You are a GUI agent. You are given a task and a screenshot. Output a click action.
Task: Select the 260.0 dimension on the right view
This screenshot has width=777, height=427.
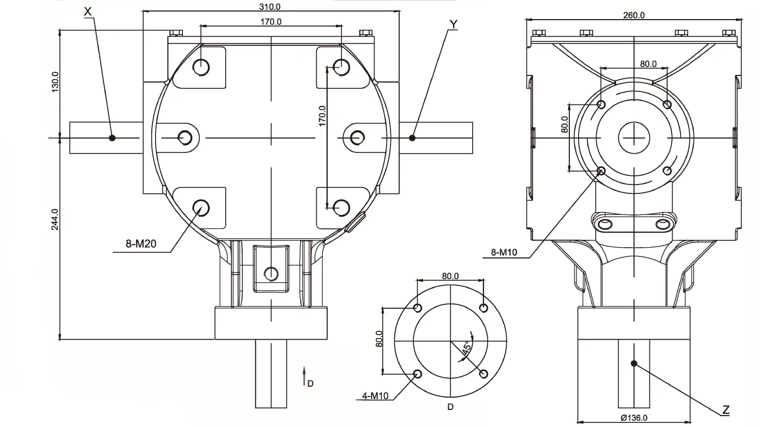click(x=634, y=15)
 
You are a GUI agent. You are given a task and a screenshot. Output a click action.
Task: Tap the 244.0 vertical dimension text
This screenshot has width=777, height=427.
click(x=55, y=219)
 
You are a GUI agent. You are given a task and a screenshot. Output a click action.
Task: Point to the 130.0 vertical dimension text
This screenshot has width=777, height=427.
click(x=55, y=82)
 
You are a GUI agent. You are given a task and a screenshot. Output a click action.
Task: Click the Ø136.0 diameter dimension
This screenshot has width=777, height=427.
click(x=634, y=418)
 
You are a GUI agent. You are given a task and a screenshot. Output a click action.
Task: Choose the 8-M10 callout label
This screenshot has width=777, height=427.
click(x=503, y=253)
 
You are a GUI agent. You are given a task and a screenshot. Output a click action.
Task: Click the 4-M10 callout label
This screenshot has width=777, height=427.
click(x=375, y=396)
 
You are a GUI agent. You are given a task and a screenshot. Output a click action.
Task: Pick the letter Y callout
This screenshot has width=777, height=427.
click(x=453, y=24)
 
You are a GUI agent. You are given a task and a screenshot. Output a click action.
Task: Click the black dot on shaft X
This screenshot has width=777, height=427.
click(x=112, y=138)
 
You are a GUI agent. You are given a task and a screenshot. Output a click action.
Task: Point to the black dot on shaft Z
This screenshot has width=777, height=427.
click(x=634, y=363)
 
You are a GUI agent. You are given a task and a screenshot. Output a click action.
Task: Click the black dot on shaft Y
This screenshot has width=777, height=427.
click(x=412, y=138)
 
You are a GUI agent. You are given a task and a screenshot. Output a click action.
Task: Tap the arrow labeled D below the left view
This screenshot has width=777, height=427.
click(x=305, y=376)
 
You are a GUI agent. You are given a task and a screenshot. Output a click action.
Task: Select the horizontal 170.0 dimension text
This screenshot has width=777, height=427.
click(x=271, y=22)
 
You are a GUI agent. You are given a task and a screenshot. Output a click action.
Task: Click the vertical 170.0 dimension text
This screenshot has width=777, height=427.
click(x=322, y=116)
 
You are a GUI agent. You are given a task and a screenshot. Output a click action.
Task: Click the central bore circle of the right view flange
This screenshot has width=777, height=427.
click(x=634, y=138)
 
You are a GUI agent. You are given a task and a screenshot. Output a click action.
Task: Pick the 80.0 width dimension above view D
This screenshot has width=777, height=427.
click(x=450, y=276)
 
